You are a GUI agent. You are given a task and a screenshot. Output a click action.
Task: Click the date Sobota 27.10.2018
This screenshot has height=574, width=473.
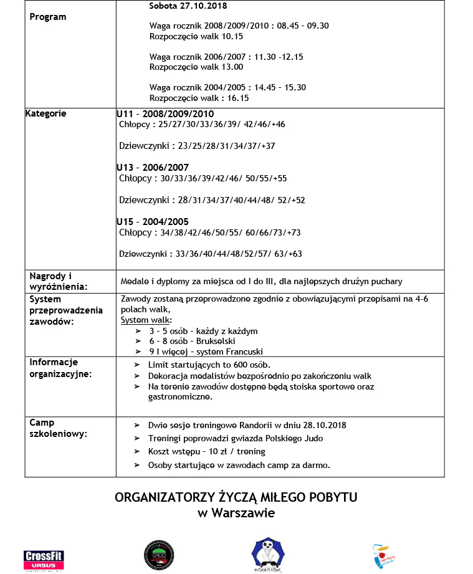(188, 6)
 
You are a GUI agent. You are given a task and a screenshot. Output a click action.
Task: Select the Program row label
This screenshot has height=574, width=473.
(48, 17)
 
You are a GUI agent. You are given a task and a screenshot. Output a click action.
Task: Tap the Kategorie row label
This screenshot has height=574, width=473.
(45, 113)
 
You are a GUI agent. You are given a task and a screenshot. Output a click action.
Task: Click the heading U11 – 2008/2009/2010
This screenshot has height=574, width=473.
(165, 114)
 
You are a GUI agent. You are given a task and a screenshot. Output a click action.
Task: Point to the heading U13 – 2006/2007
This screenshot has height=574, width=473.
(152, 168)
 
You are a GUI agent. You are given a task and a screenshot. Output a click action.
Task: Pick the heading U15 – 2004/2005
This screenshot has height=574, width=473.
(152, 222)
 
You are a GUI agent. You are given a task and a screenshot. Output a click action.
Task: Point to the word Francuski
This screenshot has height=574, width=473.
(244, 352)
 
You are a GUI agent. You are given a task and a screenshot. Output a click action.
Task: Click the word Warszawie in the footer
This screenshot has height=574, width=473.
(244, 514)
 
